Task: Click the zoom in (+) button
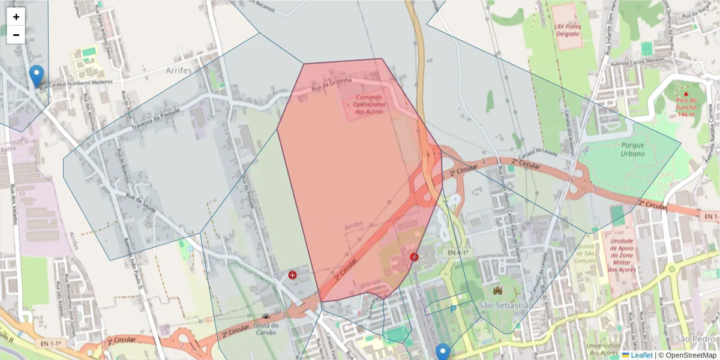tap(16, 17)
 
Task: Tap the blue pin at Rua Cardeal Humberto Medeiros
tap(37, 75)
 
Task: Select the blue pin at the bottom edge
tap(443, 352)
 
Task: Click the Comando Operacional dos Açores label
tap(370, 104)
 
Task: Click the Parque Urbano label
tap(633, 149)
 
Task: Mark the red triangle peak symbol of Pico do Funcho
tap(686, 94)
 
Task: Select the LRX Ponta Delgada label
tap(567, 30)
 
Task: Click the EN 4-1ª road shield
tap(457, 253)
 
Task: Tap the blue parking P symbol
tap(453, 309)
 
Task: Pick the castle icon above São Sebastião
tap(497, 291)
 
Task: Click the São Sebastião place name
tap(506, 305)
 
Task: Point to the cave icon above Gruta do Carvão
tap(266, 317)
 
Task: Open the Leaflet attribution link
tap(641, 355)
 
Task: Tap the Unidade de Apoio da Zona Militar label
tap(622, 256)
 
